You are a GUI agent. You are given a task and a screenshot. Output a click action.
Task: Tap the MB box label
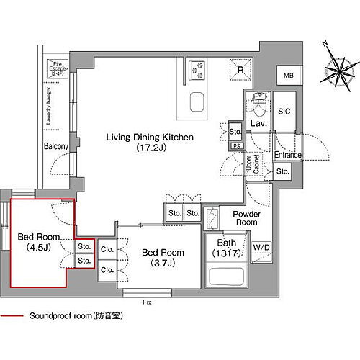pyautogui.click(x=288, y=76)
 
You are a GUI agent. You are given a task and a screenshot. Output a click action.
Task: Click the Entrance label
pyautogui.click(x=287, y=155)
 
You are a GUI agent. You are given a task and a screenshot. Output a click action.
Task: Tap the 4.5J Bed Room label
pyautogui.click(x=34, y=241)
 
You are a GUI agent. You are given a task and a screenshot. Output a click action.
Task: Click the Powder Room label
pyautogui.click(x=246, y=218)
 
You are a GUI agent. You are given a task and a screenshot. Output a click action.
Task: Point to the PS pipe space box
pyautogui.click(x=235, y=146)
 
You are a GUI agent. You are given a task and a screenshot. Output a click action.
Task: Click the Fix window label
pyautogui.click(x=146, y=300)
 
